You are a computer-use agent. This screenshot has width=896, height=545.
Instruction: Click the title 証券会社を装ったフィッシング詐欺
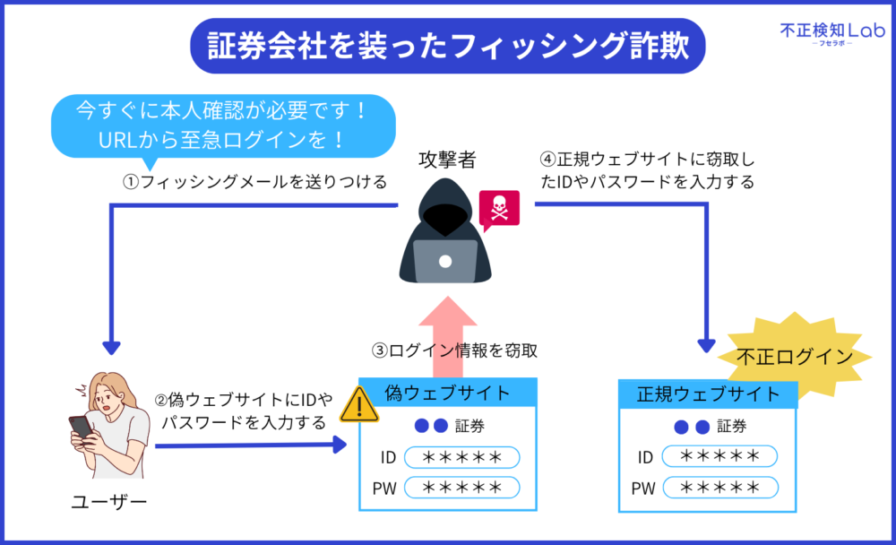pos(448,46)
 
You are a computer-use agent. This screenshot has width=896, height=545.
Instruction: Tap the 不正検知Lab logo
pos(832,33)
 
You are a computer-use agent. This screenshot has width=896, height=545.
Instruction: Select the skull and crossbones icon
pos(499,209)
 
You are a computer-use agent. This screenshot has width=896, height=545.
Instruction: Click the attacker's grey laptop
pos(445,261)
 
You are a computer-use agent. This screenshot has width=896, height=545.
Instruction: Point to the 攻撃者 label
pos(447,160)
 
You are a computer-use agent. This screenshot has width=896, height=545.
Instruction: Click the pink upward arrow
pos(448,336)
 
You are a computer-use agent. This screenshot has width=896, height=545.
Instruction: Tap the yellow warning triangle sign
pos(359,404)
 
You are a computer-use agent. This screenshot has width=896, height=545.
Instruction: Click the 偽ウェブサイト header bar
pos(448,393)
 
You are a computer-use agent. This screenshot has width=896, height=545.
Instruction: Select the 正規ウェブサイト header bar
pos(708,394)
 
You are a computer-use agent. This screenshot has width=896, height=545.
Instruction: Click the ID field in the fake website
pos(461,457)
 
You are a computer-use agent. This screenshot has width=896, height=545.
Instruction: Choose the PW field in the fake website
pos(461,488)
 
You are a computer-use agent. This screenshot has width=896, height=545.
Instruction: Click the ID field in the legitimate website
pos(720,456)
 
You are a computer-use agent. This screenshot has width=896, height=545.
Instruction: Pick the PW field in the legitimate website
pos(720,488)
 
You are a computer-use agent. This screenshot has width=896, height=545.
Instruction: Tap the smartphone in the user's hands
pos(81,428)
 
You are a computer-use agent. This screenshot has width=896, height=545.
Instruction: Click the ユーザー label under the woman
pos(109,502)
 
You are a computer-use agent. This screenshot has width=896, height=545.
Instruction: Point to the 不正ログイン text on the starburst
pos(794,357)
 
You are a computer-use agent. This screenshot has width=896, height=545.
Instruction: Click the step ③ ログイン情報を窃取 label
pos(455,350)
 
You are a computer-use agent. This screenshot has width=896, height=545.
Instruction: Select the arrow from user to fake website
pos(251,445)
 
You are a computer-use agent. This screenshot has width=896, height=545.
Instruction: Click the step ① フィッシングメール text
pos(254,182)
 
